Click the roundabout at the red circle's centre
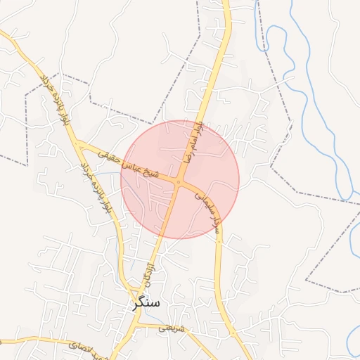(x=180, y=182)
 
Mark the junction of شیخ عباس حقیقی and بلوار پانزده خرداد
(x=79, y=144)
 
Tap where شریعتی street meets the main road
(x=138, y=325)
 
